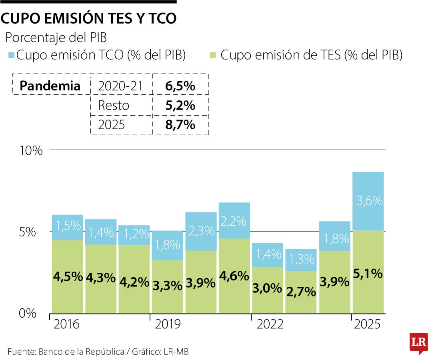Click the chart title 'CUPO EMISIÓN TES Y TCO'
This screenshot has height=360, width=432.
[x=88, y=19]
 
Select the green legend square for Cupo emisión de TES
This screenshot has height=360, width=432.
[x=214, y=55]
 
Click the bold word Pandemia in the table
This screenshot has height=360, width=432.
[x=50, y=86]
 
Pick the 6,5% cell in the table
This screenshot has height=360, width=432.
[x=180, y=86]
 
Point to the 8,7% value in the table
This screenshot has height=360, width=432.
[x=180, y=125]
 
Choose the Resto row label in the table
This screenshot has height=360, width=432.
[x=114, y=105]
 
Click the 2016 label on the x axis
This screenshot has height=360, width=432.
[x=66, y=324]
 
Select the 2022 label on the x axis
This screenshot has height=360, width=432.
[x=270, y=324]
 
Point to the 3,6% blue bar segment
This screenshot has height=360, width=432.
[x=368, y=201]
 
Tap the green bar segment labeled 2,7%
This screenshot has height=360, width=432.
[x=301, y=292]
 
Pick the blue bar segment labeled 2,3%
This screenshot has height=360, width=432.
[x=201, y=231]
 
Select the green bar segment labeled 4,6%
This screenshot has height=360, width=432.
[x=234, y=276]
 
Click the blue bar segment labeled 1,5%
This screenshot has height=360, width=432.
[x=67, y=227]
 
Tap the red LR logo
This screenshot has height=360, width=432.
[x=418, y=343]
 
